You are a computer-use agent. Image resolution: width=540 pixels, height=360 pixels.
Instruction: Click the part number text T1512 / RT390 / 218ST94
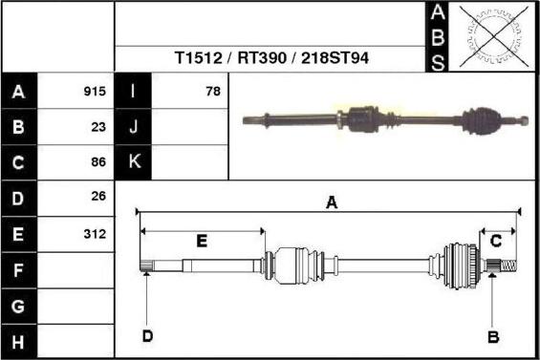point(271,58)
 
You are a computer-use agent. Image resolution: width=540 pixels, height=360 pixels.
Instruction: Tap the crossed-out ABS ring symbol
point(495,36)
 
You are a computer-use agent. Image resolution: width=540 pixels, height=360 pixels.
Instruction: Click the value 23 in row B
point(97,127)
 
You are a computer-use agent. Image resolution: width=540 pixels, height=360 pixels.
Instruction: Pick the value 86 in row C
point(97,162)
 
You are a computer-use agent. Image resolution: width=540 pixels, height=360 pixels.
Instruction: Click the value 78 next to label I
point(212,92)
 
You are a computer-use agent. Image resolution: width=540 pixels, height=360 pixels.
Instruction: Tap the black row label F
point(18,270)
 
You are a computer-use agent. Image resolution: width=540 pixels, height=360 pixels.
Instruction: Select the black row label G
point(18,307)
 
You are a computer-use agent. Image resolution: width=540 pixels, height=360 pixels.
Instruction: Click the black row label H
point(18,341)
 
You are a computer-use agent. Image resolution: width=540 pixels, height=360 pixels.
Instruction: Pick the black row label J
point(133,127)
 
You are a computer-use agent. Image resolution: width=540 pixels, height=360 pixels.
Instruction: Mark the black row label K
point(133,162)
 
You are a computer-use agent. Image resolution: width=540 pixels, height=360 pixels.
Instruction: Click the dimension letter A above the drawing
point(332,202)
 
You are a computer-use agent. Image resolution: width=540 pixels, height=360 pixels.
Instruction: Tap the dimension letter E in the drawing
point(202,242)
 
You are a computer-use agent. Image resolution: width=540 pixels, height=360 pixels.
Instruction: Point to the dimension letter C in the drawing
point(496,242)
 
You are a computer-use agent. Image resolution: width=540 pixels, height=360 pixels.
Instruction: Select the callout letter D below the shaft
point(147,335)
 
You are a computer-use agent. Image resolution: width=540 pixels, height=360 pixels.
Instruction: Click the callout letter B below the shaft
point(493,336)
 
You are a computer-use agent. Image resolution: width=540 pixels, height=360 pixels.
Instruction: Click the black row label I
point(133,92)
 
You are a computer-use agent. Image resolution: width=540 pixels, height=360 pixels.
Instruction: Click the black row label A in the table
point(18,92)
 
